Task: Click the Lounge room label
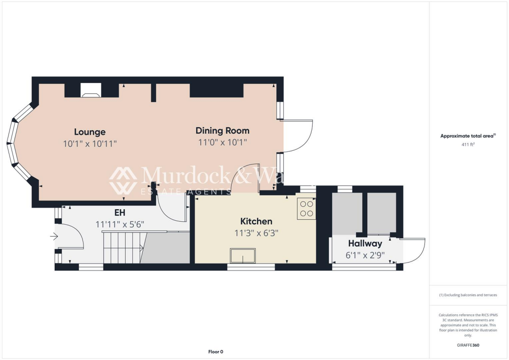click(x=90, y=132)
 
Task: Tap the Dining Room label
click(x=222, y=131)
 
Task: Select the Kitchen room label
click(x=256, y=221)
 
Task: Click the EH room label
click(x=119, y=213)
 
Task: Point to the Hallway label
click(x=365, y=244)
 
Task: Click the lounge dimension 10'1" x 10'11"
click(x=90, y=144)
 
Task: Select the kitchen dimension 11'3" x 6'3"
click(x=256, y=232)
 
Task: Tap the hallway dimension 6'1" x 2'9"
click(x=365, y=255)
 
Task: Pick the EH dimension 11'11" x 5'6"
click(x=120, y=224)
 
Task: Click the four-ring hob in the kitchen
click(x=306, y=209)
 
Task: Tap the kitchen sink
click(x=243, y=256)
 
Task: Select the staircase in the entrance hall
click(x=123, y=247)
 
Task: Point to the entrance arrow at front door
click(x=54, y=237)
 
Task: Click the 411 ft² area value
click(x=468, y=145)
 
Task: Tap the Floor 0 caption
click(x=215, y=352)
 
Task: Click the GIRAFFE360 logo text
click(x=468, y=345)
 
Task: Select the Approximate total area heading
click(x=468, y=136)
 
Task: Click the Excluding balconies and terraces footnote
click(x=468, y=295)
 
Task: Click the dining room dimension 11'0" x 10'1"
click(x=222, y=142)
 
